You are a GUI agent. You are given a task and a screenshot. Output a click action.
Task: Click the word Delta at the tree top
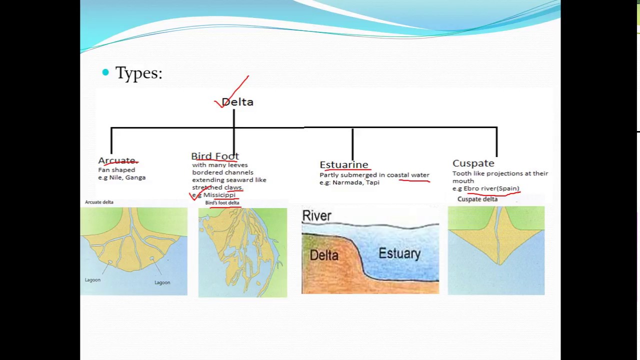point(237,102)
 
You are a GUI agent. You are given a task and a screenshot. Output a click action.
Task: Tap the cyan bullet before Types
point(105,72)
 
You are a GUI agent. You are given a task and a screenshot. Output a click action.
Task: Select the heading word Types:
point(139,73)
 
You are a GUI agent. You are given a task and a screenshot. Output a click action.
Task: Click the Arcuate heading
point(117,160)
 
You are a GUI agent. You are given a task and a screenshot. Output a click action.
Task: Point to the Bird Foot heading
point(215,156)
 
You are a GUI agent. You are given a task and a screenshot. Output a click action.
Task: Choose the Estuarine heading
point(343,164)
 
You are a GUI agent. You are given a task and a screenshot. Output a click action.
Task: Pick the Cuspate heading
point(473,163)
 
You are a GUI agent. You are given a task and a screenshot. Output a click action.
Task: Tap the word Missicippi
point(219,195)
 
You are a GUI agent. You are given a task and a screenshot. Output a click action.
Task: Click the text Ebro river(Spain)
point(491,188)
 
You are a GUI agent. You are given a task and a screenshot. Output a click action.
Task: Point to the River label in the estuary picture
point(316,216)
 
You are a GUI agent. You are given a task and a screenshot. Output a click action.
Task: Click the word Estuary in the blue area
point(399,253)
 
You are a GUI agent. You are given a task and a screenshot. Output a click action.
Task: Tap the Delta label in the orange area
point(324,255)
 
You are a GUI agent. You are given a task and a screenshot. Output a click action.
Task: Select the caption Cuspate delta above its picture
point(477,199)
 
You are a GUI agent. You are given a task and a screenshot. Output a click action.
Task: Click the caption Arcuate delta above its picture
point(99,202)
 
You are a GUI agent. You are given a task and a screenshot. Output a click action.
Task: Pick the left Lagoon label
point(92,280)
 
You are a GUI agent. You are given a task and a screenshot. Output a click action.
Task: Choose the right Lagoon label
point(162,282)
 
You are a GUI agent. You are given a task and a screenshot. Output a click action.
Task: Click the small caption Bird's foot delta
point(222,203)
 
